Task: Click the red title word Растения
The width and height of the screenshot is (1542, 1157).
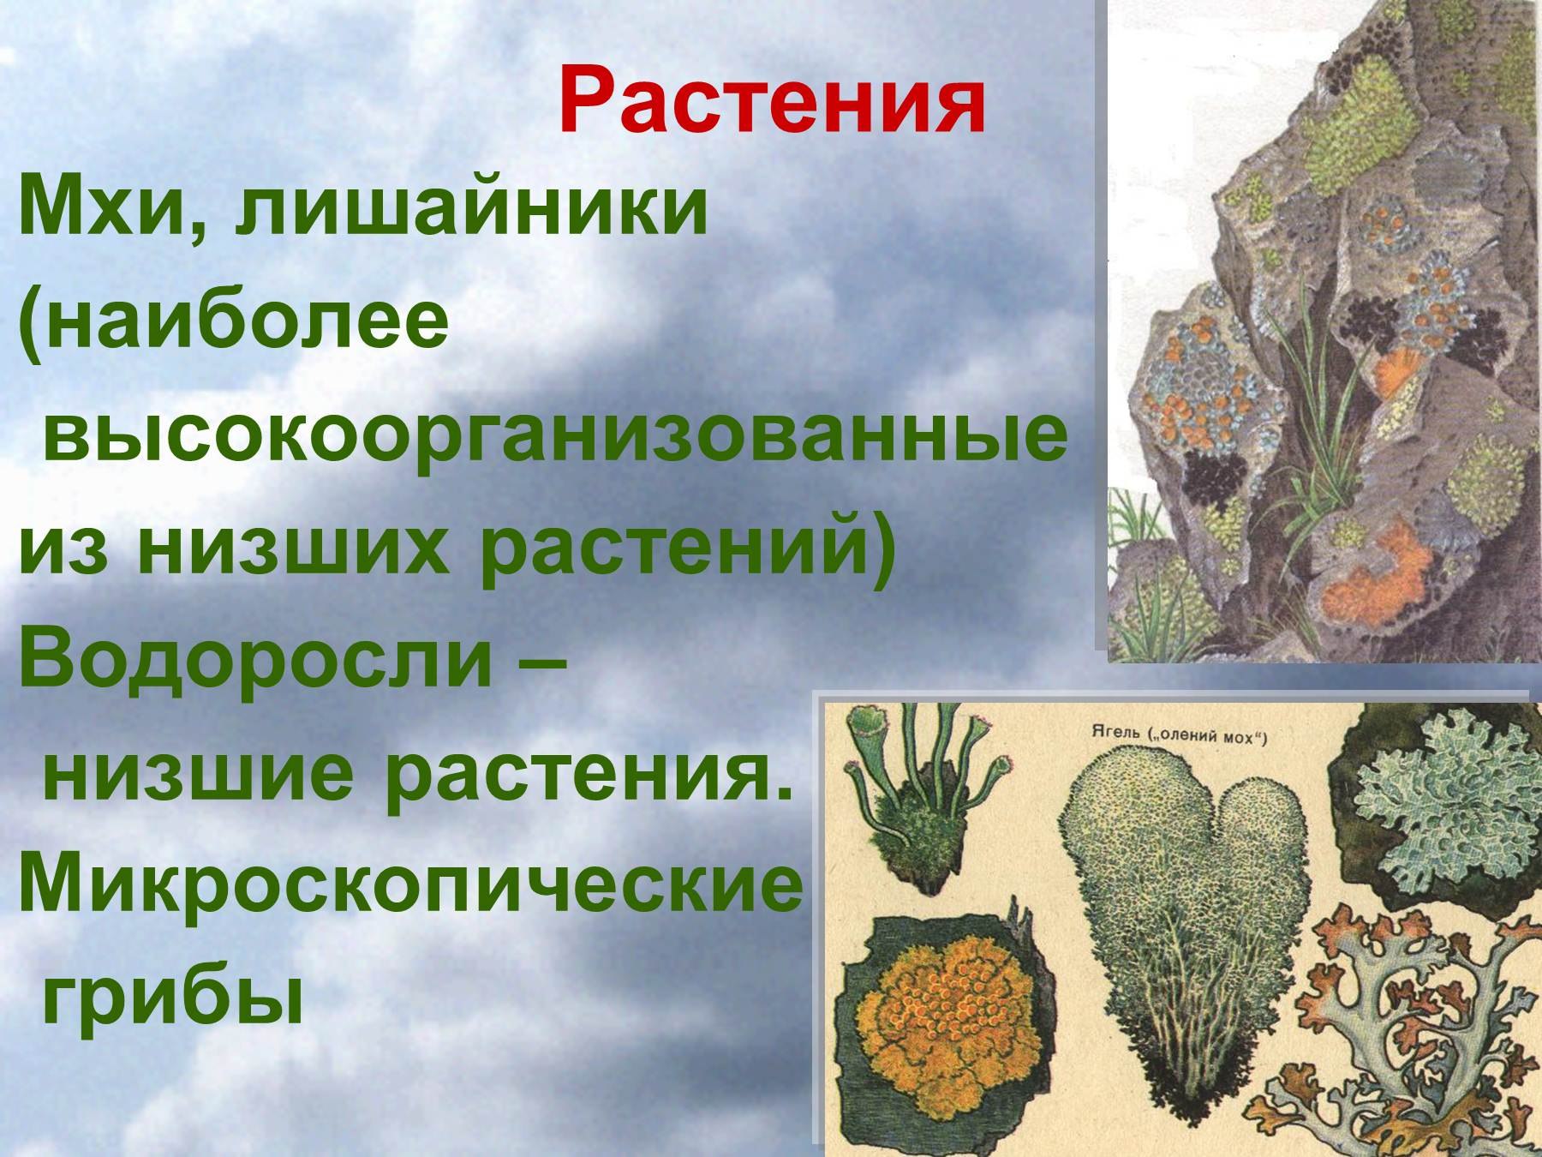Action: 772,102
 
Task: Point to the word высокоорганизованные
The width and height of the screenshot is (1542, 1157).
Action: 555,436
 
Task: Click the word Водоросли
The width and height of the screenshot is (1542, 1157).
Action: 255,659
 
